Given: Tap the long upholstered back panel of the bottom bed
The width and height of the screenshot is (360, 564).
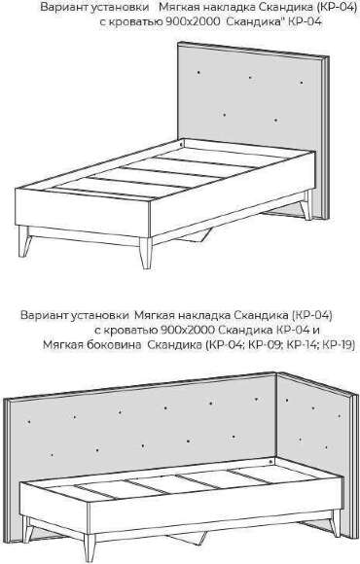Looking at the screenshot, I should [x=146, y=428].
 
